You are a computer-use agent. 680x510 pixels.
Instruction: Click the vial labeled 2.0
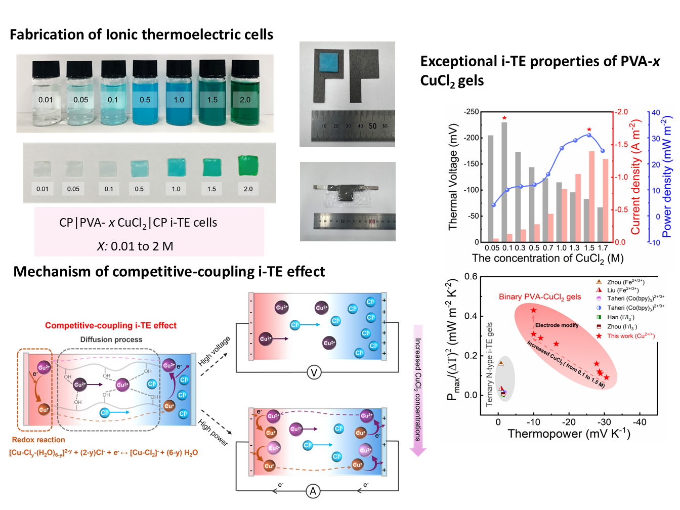(x=245, y=96)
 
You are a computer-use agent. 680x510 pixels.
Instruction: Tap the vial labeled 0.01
(x=46, y=96)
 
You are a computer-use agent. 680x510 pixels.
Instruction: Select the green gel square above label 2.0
(x=248, y=166)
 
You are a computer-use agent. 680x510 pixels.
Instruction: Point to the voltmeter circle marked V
(x=314, y=373)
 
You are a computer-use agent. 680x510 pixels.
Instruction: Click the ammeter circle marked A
(x=313, y=491)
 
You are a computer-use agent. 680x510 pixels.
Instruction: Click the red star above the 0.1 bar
(x=504, y=118)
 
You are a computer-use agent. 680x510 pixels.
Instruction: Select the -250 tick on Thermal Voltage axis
(x=472, y=111)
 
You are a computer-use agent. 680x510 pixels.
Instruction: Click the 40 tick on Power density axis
(x=656, y=112)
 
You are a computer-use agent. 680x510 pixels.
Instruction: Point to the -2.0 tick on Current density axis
(x=621, y=112)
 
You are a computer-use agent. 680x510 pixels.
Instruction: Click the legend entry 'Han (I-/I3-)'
(x=620, y=317)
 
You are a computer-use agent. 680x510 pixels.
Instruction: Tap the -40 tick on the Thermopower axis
(x=640, y=422)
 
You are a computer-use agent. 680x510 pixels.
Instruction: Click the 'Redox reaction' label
(x=38, y=440)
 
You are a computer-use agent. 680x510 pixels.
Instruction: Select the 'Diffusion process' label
(x=111, y=339)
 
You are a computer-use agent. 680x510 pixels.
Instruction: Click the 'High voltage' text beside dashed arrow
(x=214, y=351)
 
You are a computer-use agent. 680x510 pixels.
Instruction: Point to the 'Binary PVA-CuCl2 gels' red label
(x=540, y=297)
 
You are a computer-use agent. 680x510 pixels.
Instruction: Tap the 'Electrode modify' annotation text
(x=557, y=325)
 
